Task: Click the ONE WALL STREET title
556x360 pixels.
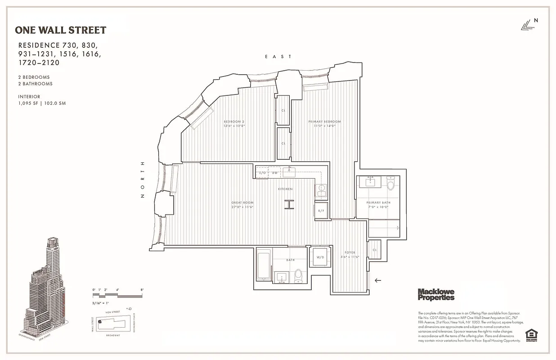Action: (x=61, y=30)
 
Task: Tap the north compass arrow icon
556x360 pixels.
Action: (x=527, y=26)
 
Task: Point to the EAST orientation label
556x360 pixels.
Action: (x=278, y=57)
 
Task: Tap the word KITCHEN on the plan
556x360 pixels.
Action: (x=285, y=189)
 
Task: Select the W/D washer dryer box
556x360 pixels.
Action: (x=320, y=257)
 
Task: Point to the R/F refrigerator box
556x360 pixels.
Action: (x=321, y=211)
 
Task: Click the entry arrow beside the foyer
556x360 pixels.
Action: (x=378, y=280)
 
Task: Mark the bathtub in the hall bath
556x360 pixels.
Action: (x=264, y=265)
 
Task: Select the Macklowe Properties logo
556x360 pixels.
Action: (x=436, y=294)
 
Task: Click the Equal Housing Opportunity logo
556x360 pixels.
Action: (x=531, y=336)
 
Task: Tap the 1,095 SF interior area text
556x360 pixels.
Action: (x=42, y=103)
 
